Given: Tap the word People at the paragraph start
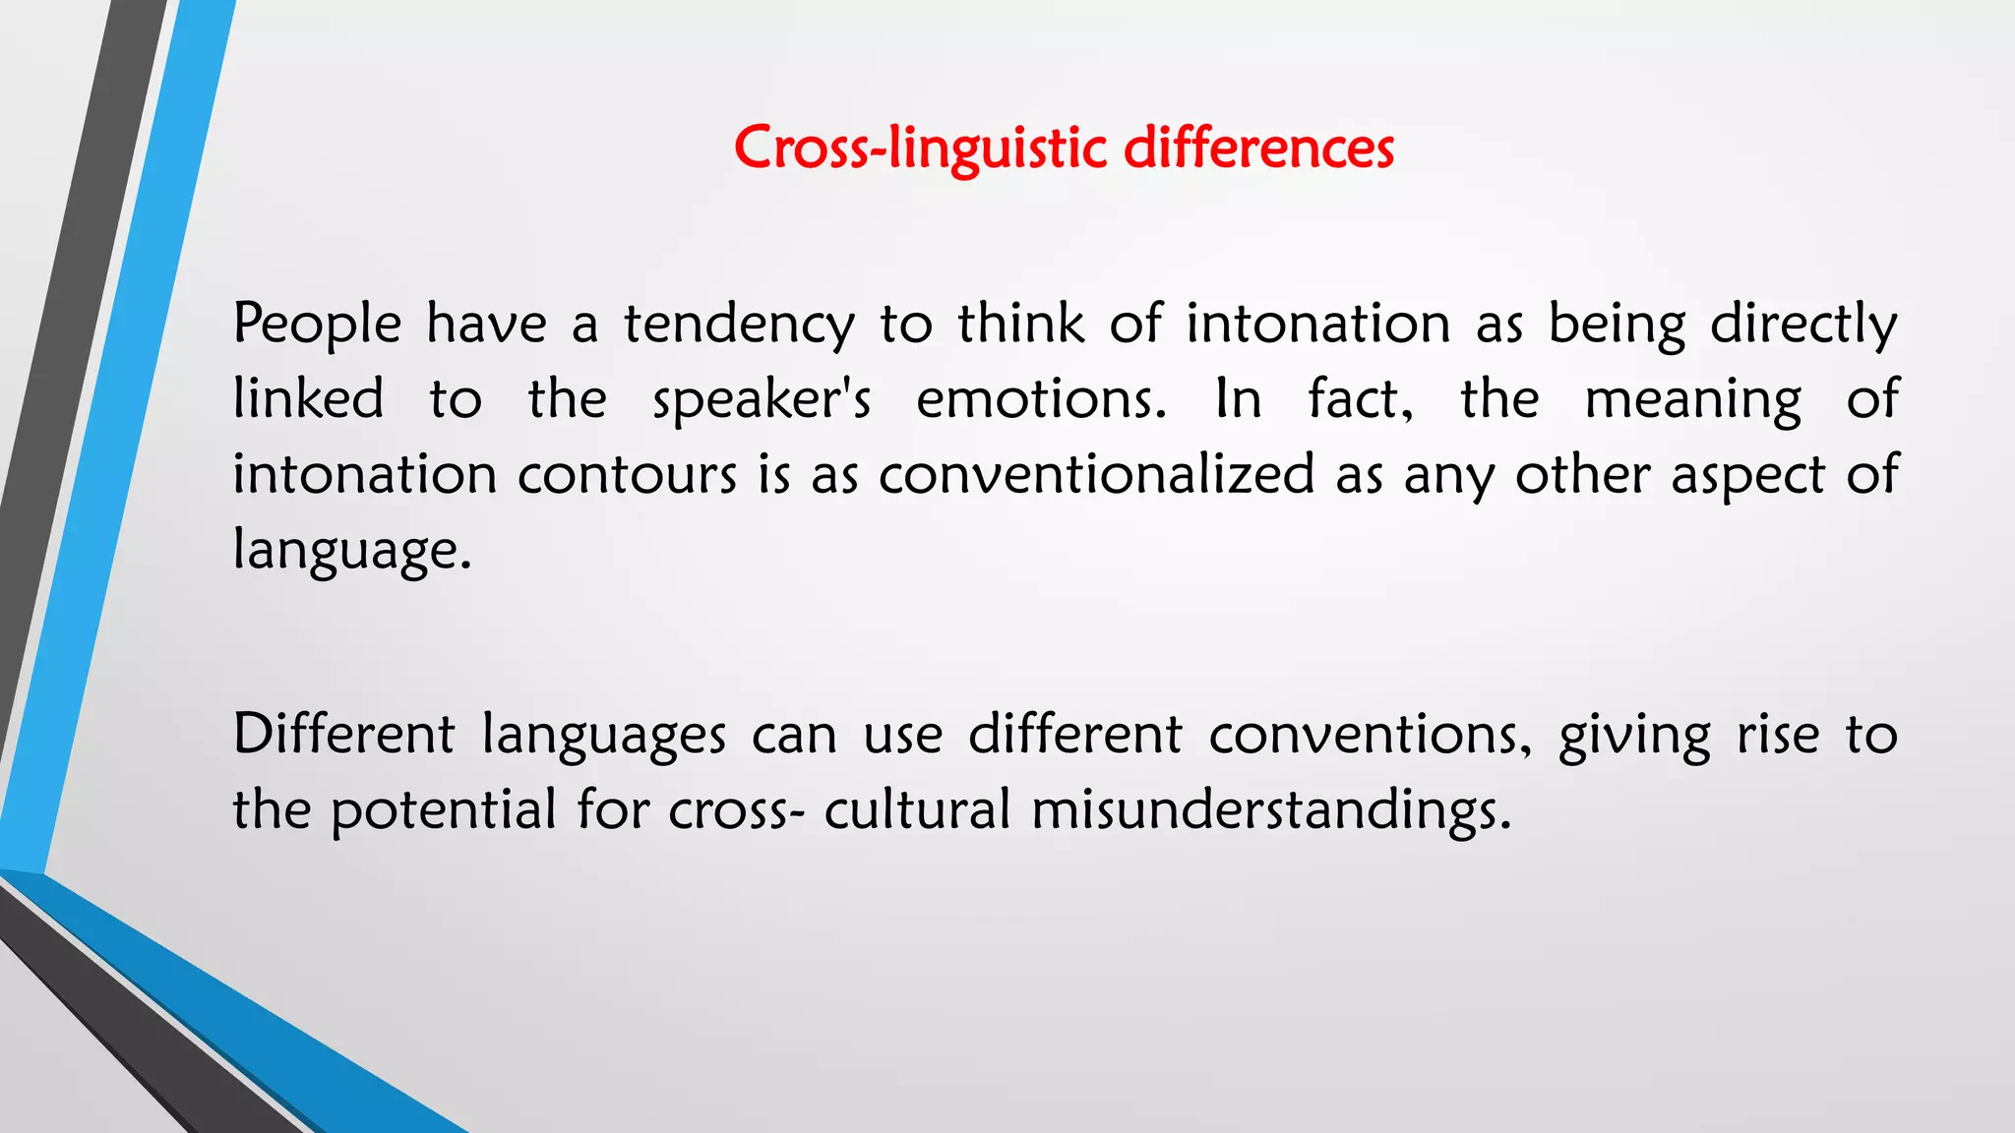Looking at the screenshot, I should point(317,324).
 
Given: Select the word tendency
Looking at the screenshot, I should point(739,326).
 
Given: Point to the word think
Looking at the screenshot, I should point(1020,324).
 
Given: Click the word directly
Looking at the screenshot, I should point(1803,326).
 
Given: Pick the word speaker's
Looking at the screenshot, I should point(762,400).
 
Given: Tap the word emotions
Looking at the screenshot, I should point(1041,400).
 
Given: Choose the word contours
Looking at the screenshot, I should point(627,475).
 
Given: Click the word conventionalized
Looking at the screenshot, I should point(1096,475).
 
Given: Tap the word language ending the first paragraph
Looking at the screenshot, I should point(351,551).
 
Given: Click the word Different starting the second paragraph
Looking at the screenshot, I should point(343,735).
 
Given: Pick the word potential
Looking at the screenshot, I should point(443,811).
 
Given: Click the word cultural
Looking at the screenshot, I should point(917,809).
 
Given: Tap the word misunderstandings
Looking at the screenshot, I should point(1270,811).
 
